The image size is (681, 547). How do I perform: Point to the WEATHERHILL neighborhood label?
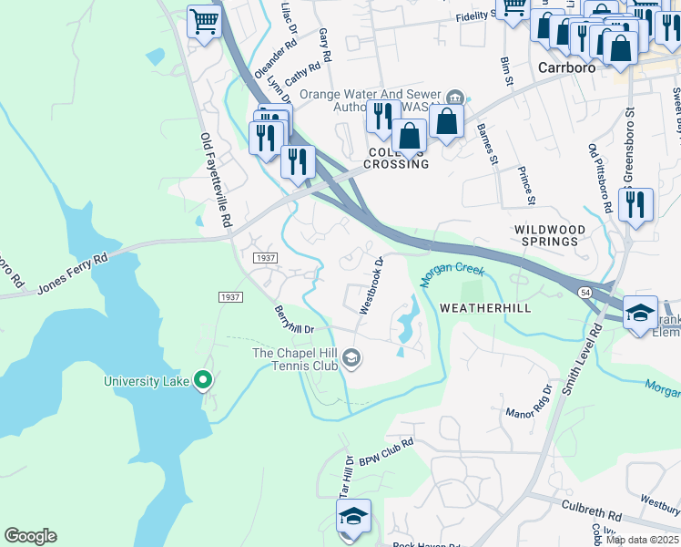485,309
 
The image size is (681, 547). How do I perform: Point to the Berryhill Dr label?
294,319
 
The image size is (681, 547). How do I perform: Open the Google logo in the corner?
31,536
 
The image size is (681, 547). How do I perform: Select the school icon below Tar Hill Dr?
353,516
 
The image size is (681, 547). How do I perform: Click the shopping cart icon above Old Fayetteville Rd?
205,20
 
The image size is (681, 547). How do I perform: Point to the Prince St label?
525,185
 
